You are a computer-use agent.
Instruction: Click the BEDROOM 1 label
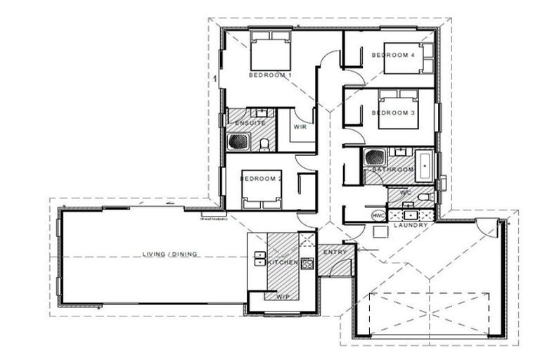click(270, 75)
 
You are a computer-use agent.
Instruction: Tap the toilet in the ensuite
click(264, 144)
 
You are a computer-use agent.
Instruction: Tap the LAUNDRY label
click(411, 225)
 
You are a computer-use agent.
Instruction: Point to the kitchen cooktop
click(307, 264)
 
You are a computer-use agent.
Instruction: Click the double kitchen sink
click(259, 259)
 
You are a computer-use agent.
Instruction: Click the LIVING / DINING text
click(170, 255)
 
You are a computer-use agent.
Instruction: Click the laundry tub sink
click(410, 214)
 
